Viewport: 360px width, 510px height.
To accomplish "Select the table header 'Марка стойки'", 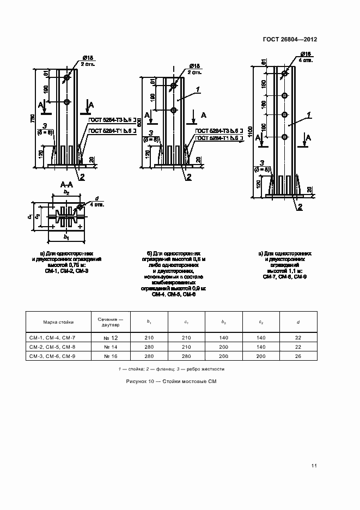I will pos(58,321).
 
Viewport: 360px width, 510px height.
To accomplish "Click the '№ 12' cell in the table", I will pos(110,338).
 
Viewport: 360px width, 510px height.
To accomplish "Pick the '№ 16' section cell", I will pos(110,356).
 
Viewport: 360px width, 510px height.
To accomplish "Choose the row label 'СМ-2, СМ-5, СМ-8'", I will pos(52,347).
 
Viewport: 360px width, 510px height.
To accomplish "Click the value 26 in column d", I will pos(298,356).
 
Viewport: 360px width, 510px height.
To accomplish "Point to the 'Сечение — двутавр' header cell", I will pos(110,321).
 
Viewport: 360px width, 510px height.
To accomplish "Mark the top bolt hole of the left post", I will pos(66,78).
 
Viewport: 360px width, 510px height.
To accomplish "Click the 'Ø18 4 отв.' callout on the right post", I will pos(306,57).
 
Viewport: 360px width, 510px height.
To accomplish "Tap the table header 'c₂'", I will pos(261,321).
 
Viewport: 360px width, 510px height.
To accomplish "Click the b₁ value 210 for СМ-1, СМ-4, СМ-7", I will pos(149,338).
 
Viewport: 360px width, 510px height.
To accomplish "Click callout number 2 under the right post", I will pos(300,207).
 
